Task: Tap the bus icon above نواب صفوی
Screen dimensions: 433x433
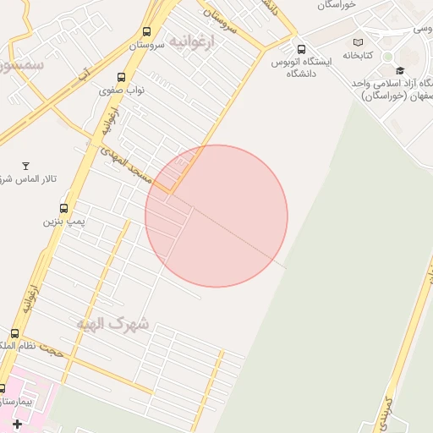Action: (x=123, y=77)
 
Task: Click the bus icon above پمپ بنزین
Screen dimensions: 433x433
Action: (x=64, y=208)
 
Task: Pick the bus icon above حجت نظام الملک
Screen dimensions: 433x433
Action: (x=14, y=334)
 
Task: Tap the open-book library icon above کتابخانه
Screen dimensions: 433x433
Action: (x=358, y=41)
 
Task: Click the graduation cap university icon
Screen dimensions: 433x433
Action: (x=400, y=70)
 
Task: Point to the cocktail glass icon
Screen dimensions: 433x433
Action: (x=25, y=165)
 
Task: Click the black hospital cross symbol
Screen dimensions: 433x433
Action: (x=17, y=422)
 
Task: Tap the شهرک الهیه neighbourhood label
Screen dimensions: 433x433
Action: (x=112, y=323)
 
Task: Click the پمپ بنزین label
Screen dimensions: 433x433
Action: (x=64, y=222)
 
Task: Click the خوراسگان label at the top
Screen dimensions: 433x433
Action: (x=348, y=5)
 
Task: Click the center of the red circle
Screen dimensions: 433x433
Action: (x=216, y=216)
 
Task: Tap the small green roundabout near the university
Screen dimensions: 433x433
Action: (x=387, y=57)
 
